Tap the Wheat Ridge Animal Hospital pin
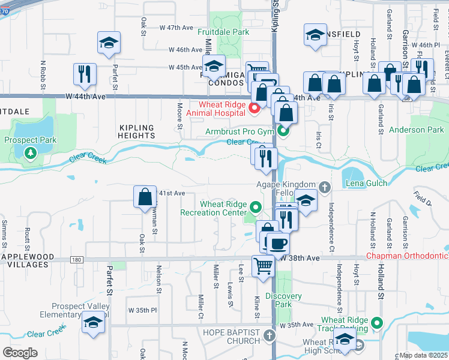(254, 108)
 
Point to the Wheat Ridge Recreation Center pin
(256, 208)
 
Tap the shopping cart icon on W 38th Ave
(263, 265)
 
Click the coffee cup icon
(277, 244)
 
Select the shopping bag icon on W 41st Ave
(145, 197)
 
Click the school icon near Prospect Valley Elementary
(92, 322)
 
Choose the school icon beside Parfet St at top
(109, 43)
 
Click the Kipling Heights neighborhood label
(136, 131)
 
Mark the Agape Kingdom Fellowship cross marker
(325, 188)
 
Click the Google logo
(20, 353)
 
